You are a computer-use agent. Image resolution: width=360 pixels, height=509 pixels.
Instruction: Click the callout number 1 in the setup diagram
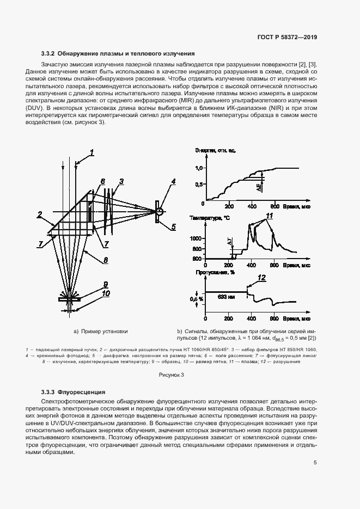click(x=92, y=152)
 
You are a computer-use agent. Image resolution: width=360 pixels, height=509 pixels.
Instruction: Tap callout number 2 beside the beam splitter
click(x=40, y=214)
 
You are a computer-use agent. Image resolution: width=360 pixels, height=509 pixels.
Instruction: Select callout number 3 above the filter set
click(x=121, y=181)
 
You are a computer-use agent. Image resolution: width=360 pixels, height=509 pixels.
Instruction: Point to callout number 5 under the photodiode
click(x=173, y=227)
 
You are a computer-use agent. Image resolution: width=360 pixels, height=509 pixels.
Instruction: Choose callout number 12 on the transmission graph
click(x=261, y=278)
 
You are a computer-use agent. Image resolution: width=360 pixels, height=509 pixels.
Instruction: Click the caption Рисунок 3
click(x=172, y=375)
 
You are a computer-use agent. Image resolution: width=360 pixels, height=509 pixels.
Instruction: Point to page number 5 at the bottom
click(x=315, y=463)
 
